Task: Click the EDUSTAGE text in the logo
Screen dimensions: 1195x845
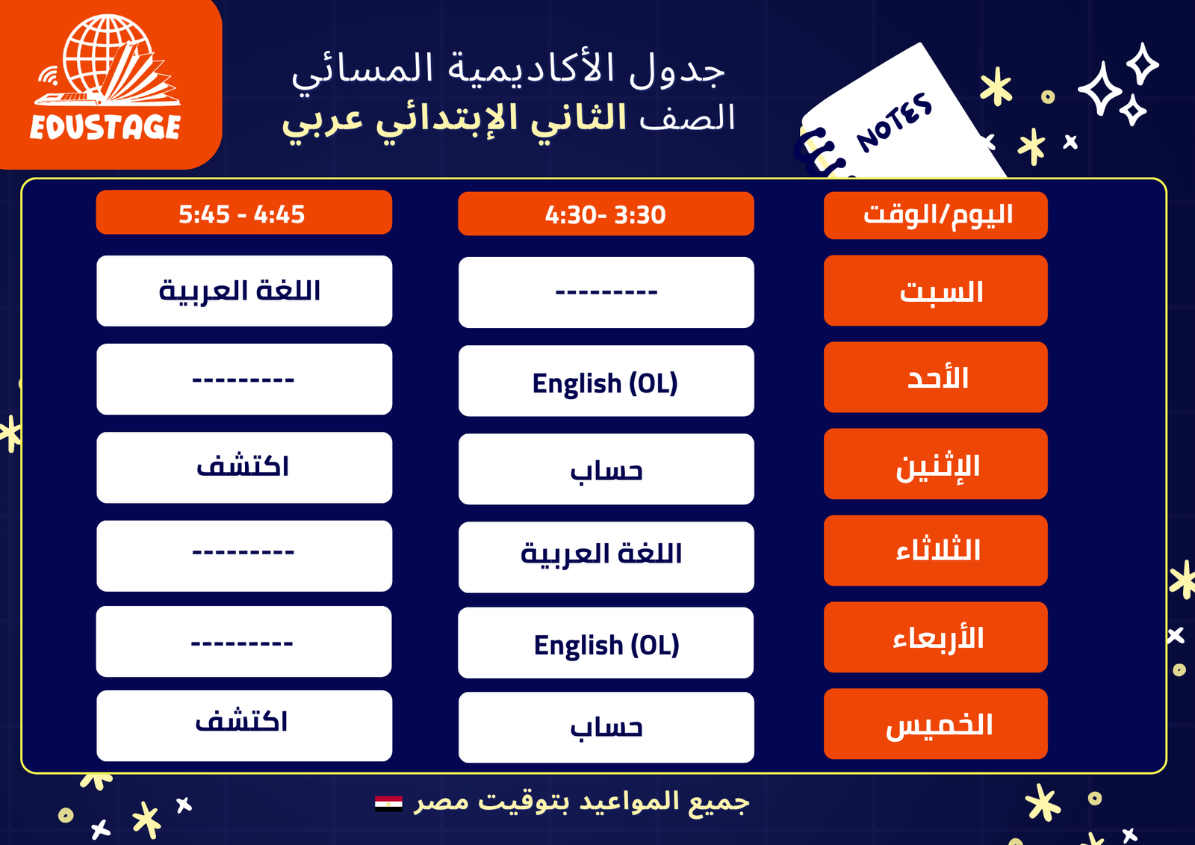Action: pyautogui.click(x=105, y=127)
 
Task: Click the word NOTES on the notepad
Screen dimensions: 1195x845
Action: pyautogui.click(x=895, y=123)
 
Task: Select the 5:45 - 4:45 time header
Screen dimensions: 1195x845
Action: pyautogui.click(x=243, y=212)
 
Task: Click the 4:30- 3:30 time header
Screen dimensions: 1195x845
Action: pyautogui.click(x=606, y=214)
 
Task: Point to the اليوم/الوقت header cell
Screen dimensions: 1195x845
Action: pyautogui.click(x=936, y=215)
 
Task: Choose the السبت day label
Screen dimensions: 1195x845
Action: pyautogui.click(x=936, y=291)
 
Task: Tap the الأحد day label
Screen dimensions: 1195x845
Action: pyautogui.click(x=936, y=377)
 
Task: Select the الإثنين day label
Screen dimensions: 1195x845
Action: pyautogui.click(x=936, y=464)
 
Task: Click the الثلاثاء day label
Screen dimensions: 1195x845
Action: pyautogui.click(x=936, y=551)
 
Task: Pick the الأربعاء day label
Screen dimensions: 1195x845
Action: pyautogui.click(x=936, y=637)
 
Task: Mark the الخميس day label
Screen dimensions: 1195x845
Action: pyautogui.click(x=936, y=724)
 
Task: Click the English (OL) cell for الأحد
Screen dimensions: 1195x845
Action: pyautogui.click(x=606, y=381)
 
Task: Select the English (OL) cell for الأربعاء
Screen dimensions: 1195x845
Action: pyautogui.click(x=606, y=643)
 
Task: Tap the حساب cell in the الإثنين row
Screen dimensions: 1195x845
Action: pyautogui.click(x=606, y=469)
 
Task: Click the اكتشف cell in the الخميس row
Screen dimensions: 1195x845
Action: pyautogui.click(x=243, y=725)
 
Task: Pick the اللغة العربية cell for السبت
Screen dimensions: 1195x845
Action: pyautogui.click(x=243, y=291)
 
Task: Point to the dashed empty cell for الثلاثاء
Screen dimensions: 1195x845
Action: pyautogui.click(x=243, y=556)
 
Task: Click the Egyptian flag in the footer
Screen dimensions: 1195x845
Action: pyautogui.click(x=388, y=803)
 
